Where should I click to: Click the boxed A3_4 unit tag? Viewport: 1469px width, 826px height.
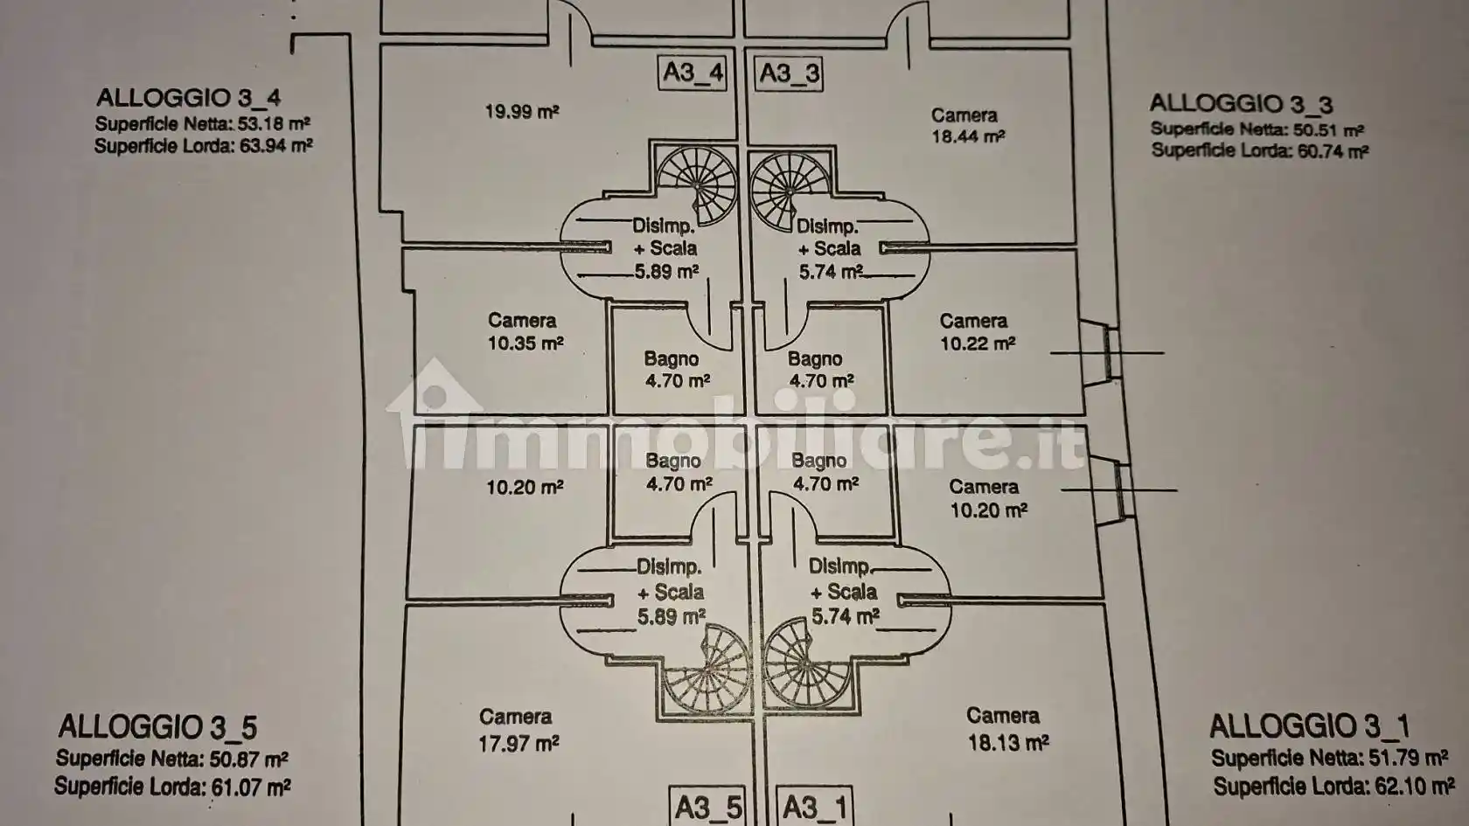click(693, 73)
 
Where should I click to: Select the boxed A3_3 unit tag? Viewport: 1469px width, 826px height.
click(789, 73)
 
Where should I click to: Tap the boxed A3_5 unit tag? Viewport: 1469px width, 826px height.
click(707, 807)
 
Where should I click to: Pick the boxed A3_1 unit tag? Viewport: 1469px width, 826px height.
click(814, 807)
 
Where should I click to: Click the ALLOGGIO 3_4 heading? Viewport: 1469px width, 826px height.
click(188, 97)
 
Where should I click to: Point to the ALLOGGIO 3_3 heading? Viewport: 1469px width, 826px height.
click(1241, 103)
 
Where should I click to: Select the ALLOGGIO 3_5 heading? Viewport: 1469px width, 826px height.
click(157, 726)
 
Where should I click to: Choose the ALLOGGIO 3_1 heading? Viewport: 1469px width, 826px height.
click(1309, 725)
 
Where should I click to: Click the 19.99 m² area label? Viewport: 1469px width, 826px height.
click(522, 112)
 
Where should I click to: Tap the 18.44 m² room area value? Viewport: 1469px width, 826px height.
click(968, 136)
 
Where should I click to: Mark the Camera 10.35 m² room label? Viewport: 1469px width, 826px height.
click(525, 332)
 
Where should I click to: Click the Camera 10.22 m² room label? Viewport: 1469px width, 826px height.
click(976, 333)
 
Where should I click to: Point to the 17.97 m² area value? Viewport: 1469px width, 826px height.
click(519, 744)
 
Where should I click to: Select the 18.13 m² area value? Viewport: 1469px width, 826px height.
click(1007, 743)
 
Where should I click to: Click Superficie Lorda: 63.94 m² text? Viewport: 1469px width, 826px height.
click(203, 146)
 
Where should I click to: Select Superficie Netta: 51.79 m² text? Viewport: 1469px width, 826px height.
click(1328, 758)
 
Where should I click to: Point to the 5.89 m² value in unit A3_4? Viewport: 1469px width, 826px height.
click(666, 272)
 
